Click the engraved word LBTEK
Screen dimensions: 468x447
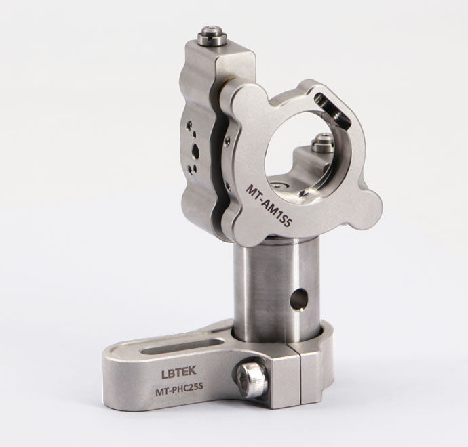click(x=179, y=372)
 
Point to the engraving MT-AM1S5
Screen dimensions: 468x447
click(x=268, y=205)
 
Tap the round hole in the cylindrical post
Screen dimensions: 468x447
click(x=299, y=299)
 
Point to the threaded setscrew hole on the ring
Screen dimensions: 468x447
click(x=332, y=108)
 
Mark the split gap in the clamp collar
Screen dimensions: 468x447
click(x=300, y=375)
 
